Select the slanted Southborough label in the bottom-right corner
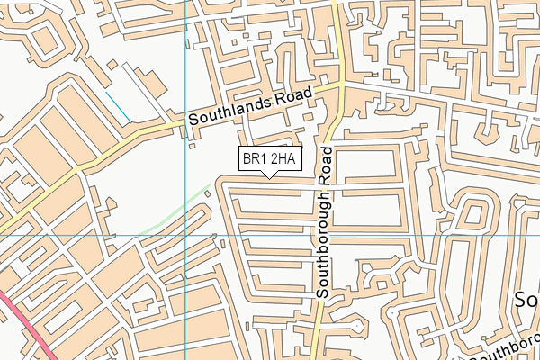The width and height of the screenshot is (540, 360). (504, 349)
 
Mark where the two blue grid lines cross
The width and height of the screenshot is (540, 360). (185, 234)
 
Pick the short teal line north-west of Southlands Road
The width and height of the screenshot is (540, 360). (117, 105)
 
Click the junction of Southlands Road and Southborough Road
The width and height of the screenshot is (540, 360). (341, 85)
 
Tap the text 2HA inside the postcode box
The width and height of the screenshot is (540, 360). (283, 159)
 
